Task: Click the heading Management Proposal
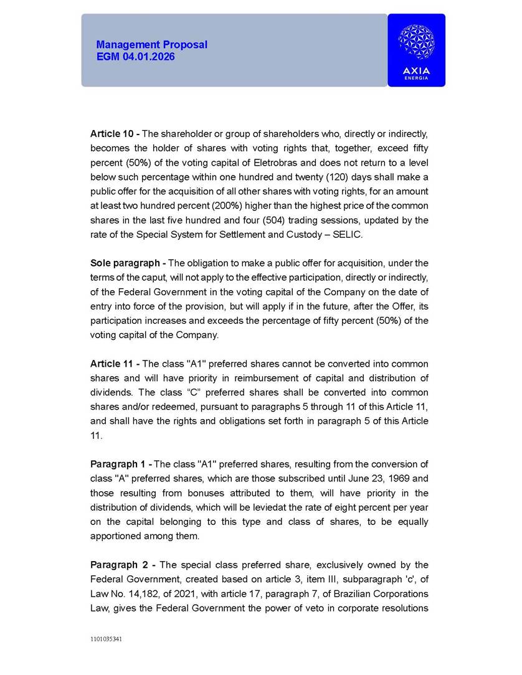coord(151,45)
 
